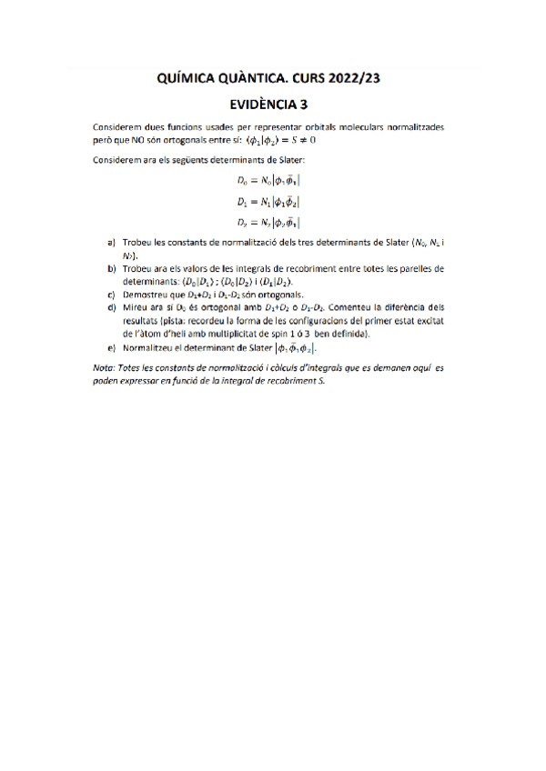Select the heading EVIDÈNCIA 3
coord(272,104)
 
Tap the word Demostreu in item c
coord(146,295)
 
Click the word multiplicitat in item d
coord(235,334)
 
